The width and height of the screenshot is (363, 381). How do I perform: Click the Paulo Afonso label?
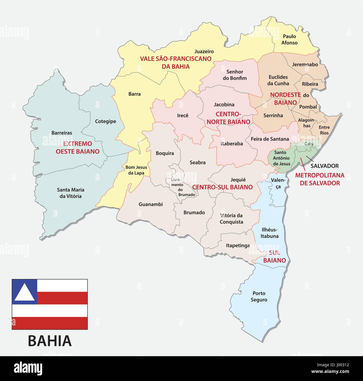pos(289,40)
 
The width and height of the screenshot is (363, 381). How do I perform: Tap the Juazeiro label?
pos(204,52)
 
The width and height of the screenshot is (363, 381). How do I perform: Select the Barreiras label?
pos(62,133)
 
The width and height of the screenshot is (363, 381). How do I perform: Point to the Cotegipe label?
pos(105,122)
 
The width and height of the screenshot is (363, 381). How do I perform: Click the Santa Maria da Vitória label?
pos(71,193)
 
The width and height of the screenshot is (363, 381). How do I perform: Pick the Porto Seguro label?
pos(259,296)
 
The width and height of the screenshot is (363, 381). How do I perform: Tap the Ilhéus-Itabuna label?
pos(269,233)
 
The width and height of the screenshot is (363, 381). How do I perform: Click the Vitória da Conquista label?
pos(231,219)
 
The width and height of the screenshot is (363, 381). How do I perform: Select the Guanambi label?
pos(151,204)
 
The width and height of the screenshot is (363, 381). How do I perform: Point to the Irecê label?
pos(183,115)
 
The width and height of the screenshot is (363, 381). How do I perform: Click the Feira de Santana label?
pos(270,139)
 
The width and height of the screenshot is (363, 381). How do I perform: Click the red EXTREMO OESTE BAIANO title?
pos(78,148)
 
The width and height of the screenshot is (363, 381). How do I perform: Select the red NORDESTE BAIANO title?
pos(285,99)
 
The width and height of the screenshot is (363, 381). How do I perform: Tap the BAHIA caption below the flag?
pos(50,341)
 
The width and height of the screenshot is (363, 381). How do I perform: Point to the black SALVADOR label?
pos(324,166)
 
